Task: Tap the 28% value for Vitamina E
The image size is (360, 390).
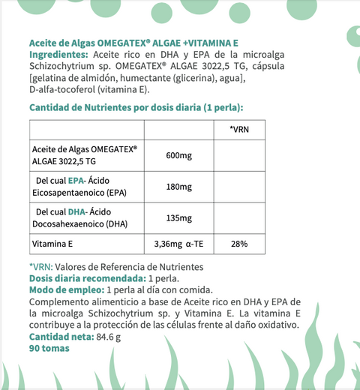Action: point(239,244)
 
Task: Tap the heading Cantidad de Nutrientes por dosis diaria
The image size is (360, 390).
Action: point(136,107)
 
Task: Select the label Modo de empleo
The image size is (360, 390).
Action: point(66,290)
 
